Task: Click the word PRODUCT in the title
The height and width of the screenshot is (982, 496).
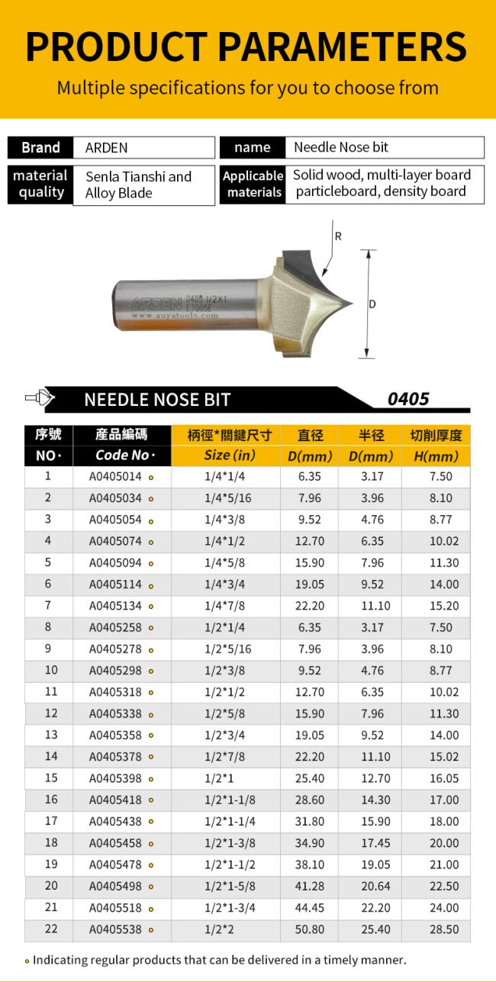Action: point(116,47)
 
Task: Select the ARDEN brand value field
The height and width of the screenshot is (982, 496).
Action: point(144,148)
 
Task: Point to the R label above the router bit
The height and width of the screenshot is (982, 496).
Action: point(338,237)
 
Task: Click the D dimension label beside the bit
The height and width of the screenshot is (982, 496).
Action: point(372,304)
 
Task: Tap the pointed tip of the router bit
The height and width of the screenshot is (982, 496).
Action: point(353,302)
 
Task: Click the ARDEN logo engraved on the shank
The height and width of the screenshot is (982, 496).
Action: point(156,304)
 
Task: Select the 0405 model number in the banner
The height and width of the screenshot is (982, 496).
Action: point(407,399)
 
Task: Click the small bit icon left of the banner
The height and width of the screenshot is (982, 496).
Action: point(40,398)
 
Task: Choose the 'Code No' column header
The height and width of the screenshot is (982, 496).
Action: point(122,455)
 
